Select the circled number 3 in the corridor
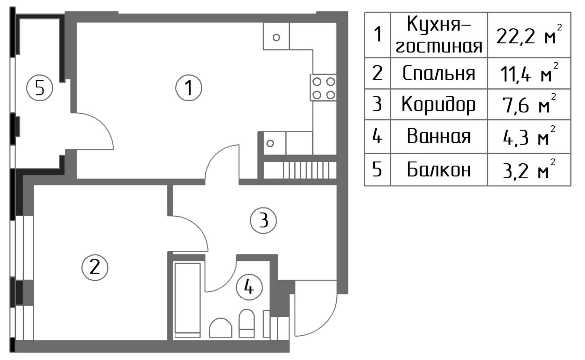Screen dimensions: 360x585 [264, 220]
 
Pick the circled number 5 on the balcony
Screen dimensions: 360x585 [40, 89]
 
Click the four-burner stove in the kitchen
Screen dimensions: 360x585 [324, 88]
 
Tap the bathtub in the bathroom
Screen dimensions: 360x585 [188, 300]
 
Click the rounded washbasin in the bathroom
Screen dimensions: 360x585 [220, 328]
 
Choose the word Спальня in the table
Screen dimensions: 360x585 [439, 73]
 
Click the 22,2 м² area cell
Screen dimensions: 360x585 [529, 36]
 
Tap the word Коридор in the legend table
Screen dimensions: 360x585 [439, 104]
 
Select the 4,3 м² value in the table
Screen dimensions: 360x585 [529, 137]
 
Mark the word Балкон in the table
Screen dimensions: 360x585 [439, 170]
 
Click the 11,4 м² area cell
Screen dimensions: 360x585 [529, 73]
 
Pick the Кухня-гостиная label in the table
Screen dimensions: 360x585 [439, 36]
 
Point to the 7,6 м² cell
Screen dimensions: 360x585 [529, 104]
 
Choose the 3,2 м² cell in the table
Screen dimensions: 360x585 [529, 170]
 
